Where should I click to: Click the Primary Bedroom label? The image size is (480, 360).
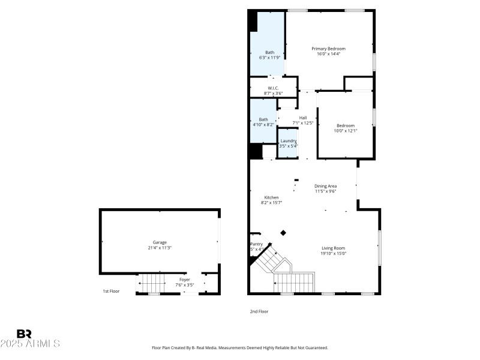pyautogui.click(x=328, y=49)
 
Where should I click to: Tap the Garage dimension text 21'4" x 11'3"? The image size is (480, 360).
pyautogui.click(x=160, y=248)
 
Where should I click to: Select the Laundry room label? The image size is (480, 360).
pyautogui.click(x=288, y=140)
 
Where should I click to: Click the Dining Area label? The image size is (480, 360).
pyautogui.click(x=325, y=186)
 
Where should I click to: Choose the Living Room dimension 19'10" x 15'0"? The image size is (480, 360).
pyautogui.click(x=333, y=253)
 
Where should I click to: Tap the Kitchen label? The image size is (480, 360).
pyautogui.click(x=271, y=197)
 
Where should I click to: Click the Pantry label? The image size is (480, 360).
pyautogui.click(x=256, y=244)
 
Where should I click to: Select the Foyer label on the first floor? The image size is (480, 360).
pyautogui.click(x=184, y=280)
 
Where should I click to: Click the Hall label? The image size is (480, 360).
pyautogui.click(x=303, y=118)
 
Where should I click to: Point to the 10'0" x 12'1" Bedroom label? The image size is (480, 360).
pyautogui.click(x=345, y=125)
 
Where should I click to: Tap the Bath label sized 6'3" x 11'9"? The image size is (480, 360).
pyautogui.click(x=269, y=52)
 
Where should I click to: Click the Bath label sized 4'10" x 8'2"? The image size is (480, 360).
pyautogui.click(x=263, y=119)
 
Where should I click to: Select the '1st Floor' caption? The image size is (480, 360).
pyautogui.click(x=111, y=291)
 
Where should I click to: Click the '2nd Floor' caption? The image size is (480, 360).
pyautogui.click(x=259, y=311)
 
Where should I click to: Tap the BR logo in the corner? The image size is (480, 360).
pyautogui.click(x=24, y=334)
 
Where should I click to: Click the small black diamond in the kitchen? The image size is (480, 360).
pyautogui.click(x=283, y=233)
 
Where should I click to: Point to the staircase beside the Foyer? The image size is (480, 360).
pyautogui.click(x=152, y=282)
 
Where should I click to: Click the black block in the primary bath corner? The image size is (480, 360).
pyautogui.click(x=253, y=21)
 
